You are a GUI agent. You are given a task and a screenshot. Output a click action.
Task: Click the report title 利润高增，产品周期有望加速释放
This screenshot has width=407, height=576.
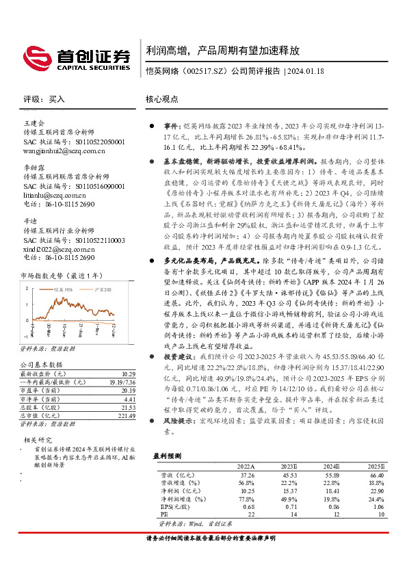222,51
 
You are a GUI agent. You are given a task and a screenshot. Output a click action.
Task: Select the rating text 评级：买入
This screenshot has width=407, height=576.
44,99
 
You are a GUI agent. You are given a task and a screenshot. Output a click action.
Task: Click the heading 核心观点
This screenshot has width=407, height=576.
162,99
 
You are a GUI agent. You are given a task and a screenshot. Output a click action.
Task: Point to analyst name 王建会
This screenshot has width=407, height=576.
34,123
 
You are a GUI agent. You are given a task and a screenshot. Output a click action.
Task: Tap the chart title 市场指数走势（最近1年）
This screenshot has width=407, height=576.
61,275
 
